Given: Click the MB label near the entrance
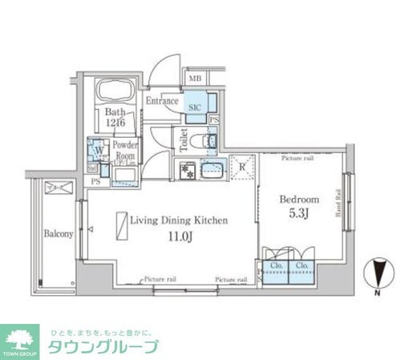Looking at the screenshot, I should (196, 79).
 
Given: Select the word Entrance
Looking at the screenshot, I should (162, 102).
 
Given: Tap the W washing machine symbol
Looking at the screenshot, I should (96, 148).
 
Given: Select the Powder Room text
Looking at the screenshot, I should (125, 150).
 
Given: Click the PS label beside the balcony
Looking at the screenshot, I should (95, 182).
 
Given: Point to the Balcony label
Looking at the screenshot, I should (59, 234).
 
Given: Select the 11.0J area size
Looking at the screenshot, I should (180, 237).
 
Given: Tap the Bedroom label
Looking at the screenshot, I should (299, 199).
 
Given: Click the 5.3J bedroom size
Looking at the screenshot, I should (299, 215).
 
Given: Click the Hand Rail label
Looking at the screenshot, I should (339, 204).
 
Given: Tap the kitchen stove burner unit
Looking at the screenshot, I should (186, 170).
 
